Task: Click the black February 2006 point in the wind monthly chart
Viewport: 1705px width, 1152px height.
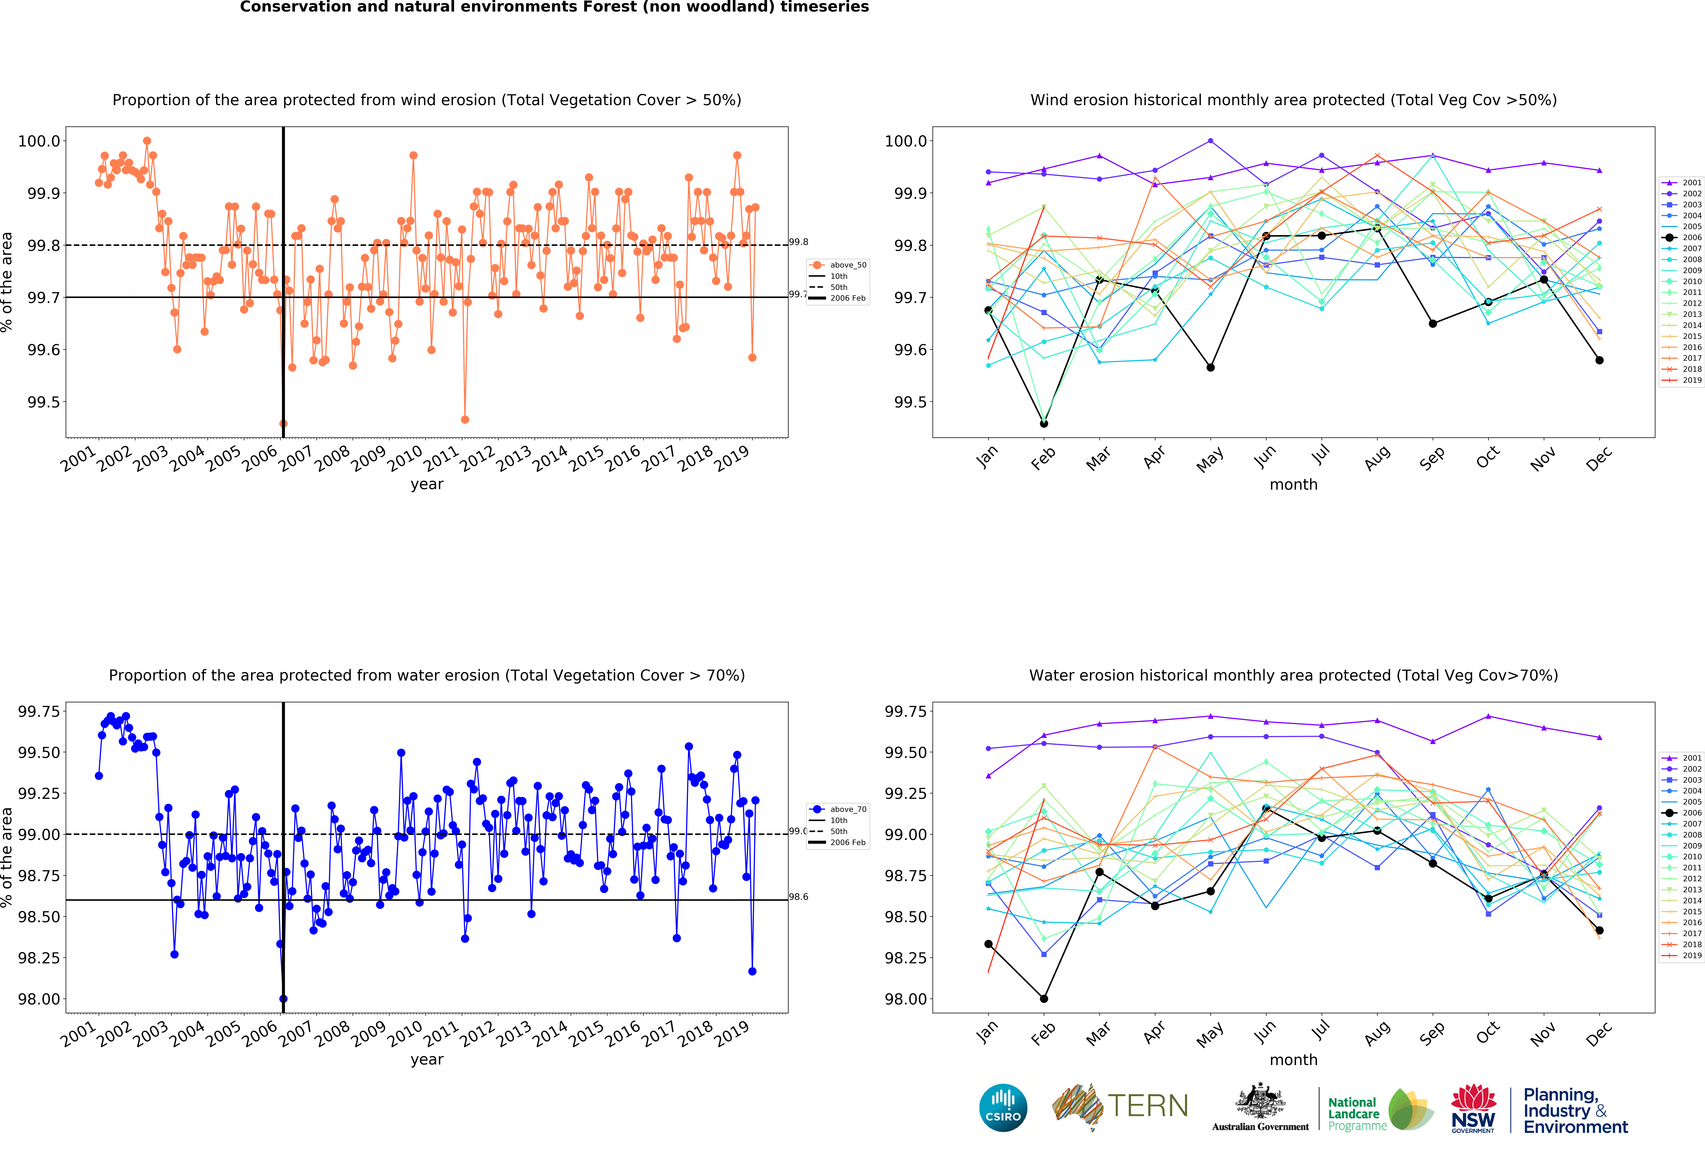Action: (1043, 423)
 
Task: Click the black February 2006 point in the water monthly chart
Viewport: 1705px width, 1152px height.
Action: (1043, 999)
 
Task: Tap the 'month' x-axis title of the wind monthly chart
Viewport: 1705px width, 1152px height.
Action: (1293, 484)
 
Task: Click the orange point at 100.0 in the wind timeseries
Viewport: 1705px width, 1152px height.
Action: (147, 141)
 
